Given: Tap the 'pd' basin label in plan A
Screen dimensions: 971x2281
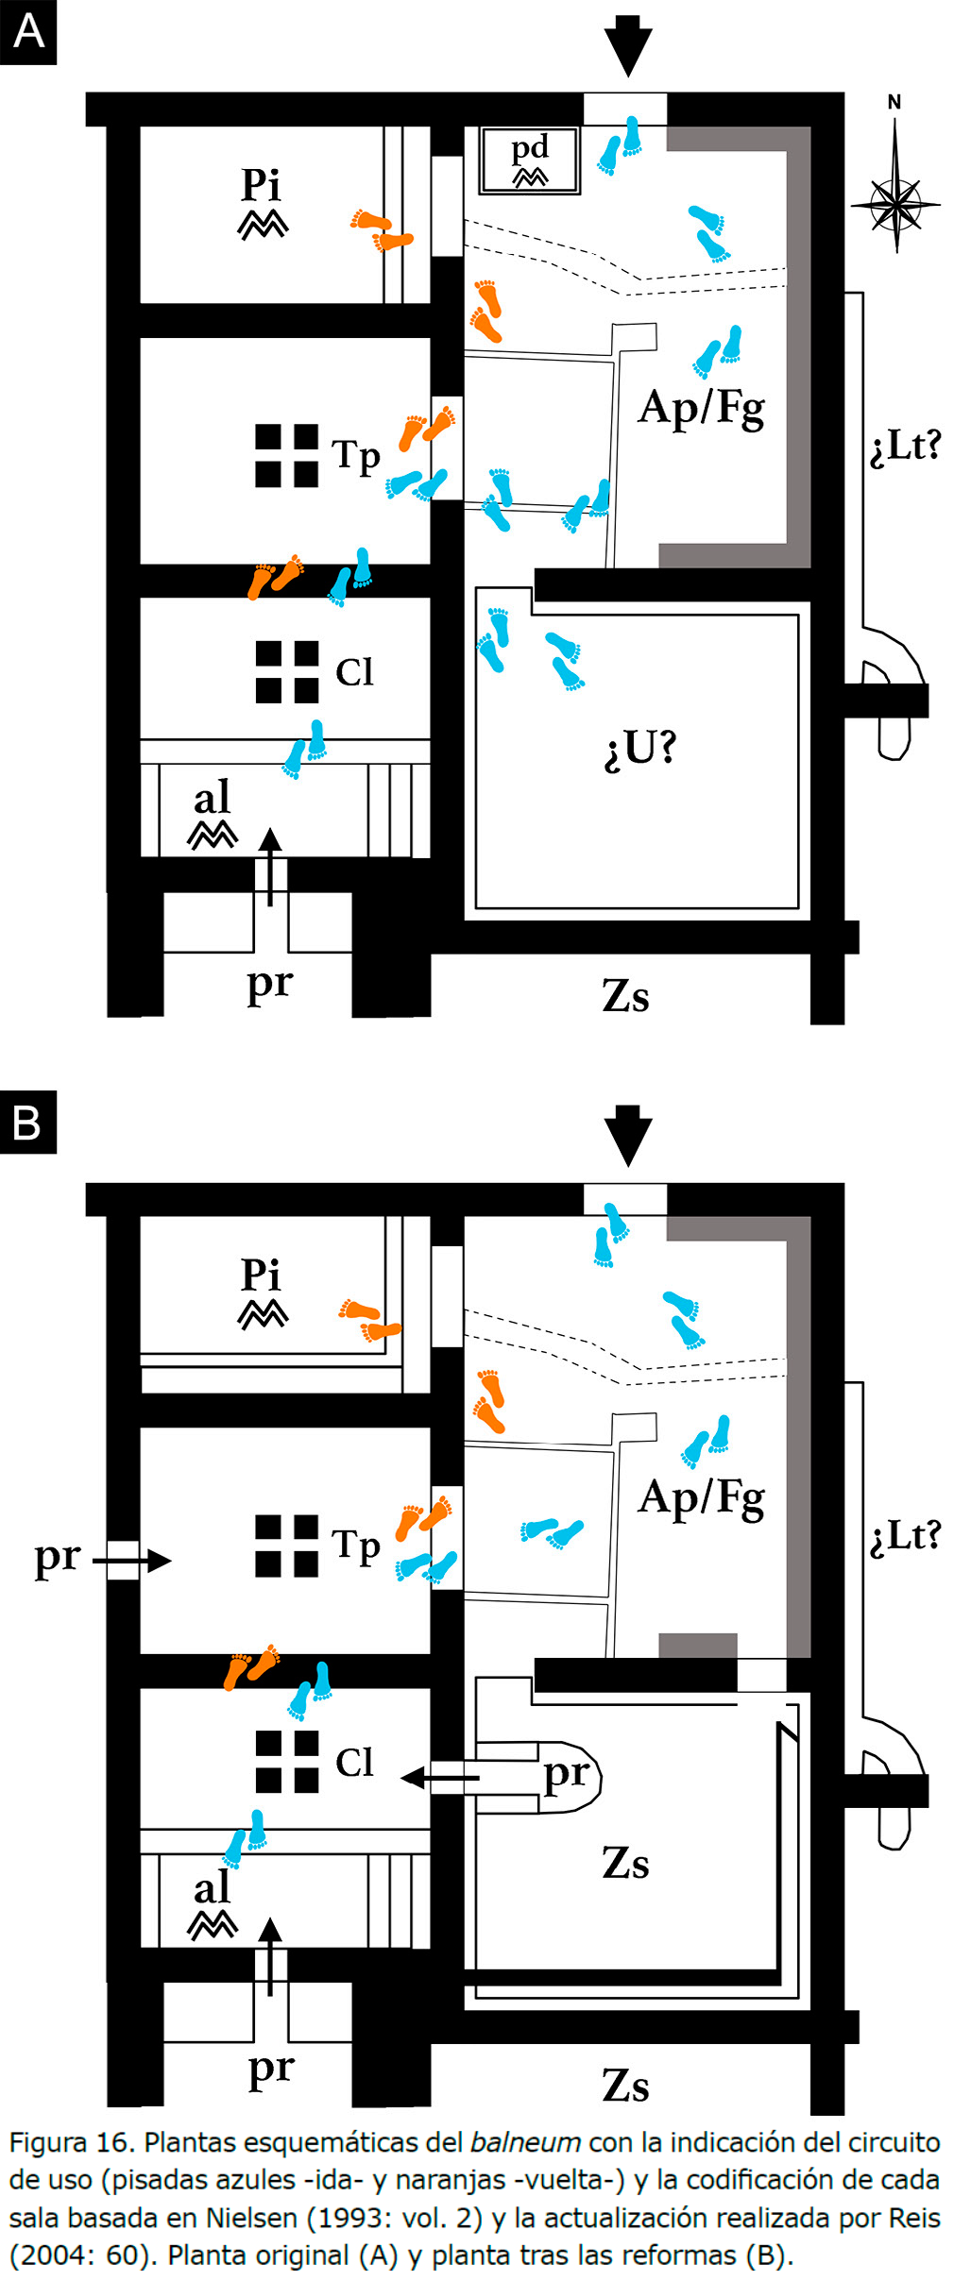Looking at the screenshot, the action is click(x=530, y=149).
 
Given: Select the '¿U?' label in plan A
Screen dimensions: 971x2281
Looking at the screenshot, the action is click(x=640, y=748).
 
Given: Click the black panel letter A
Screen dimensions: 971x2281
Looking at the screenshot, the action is click(x=28, y=32).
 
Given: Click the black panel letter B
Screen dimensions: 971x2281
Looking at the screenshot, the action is click(x=28, y=1123).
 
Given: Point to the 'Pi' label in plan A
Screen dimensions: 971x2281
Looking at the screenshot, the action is click(x=261, y=184).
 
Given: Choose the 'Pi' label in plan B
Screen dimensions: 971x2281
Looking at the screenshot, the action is click(x=261, y=1275).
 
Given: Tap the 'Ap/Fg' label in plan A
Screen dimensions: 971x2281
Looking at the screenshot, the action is click(x=702, y=410).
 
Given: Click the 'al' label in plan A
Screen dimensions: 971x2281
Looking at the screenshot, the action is click(x=212, y=798).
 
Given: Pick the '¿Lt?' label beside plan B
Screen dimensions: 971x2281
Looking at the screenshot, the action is click(x=906, y=1536).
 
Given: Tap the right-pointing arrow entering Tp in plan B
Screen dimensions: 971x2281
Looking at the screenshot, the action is click(x=132, y=1561).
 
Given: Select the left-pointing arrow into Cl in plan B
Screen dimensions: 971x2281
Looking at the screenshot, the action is click(x=440, y=1779).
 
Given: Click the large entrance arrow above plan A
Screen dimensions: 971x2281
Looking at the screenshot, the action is click(x=628, y=45).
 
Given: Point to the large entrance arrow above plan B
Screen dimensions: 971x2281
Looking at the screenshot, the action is click(x=628, y=1136).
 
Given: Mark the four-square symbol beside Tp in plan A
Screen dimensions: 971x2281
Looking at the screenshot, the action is click(x=286, y=456).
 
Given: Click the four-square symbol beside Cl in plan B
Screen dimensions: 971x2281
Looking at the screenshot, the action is click(x=286, y=1762).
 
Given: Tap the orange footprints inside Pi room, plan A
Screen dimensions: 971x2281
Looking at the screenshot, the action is click(x=382, y=231).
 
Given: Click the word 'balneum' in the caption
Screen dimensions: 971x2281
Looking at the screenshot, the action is click(x=525, y=2141).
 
